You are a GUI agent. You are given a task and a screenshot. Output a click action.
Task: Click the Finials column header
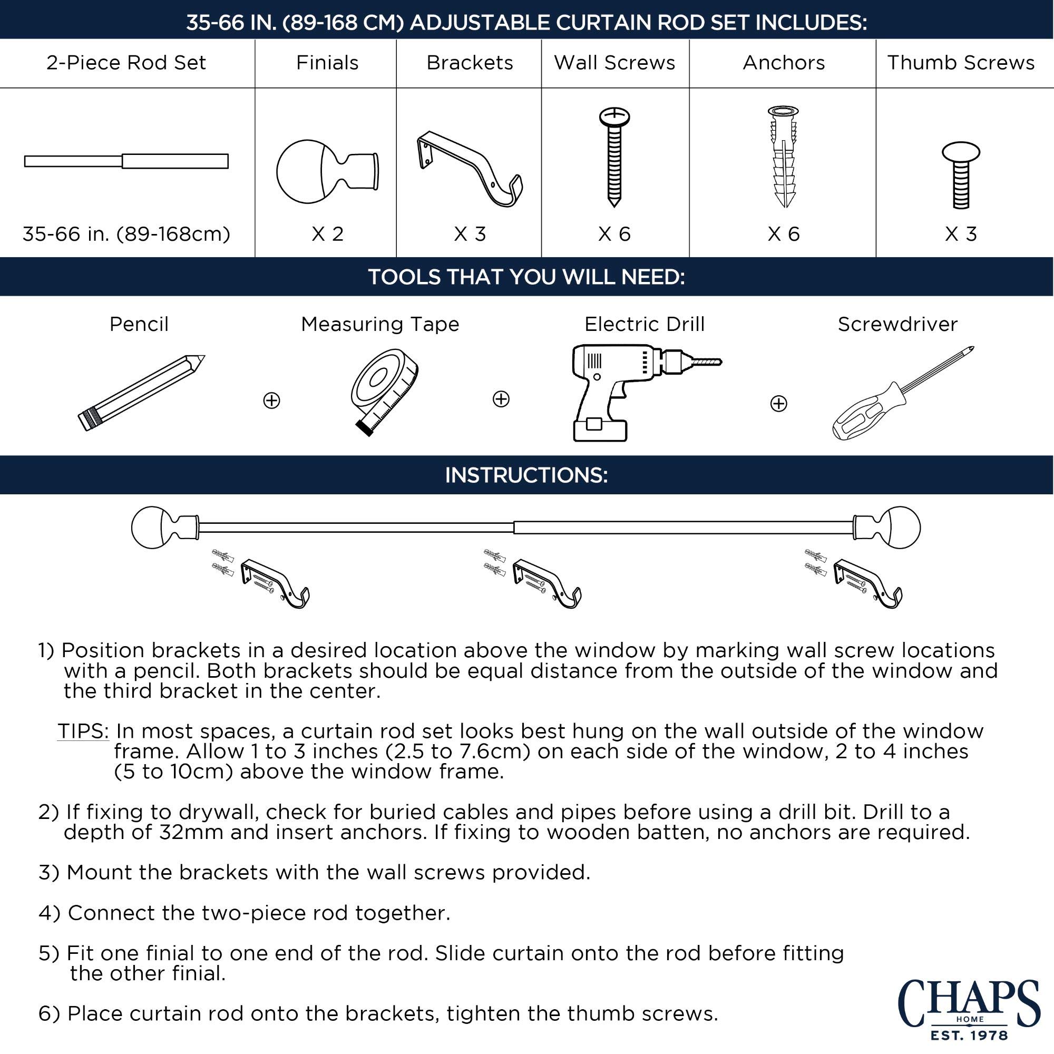click(327, 63)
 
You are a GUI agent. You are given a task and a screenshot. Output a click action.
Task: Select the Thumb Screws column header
click(961, 63)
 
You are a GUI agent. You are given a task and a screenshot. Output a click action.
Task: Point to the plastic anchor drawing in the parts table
click(784, 157)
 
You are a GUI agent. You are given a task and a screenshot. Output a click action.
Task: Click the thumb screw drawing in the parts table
click(961, 175)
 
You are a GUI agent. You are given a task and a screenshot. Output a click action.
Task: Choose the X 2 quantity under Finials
click(327, 234)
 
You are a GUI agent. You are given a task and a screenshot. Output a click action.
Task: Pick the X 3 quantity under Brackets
click(470, 234)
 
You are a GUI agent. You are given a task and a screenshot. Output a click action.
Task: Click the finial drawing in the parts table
click(327, 171)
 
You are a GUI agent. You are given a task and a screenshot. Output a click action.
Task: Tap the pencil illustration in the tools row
click(141, 393)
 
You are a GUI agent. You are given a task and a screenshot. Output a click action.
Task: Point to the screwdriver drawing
click(903, 393)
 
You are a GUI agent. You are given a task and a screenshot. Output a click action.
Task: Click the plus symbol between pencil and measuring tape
click(272, 401)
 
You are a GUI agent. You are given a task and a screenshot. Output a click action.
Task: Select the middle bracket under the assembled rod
click(546, 583)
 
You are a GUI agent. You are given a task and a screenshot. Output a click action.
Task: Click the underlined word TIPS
click(83, 731)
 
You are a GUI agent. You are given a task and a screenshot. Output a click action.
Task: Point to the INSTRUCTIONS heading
click(526, 475)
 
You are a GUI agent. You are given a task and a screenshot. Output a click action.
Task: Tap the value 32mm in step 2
click(191, 832)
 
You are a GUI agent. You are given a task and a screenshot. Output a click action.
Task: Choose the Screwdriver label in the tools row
click(897, 324)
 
